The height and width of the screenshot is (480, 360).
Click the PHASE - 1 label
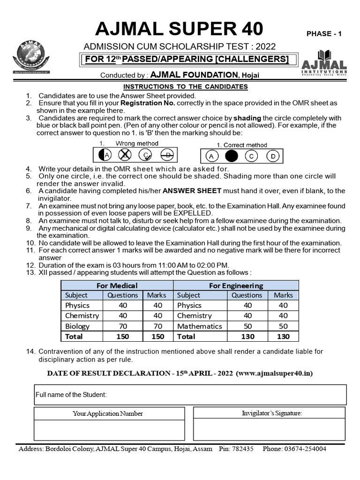(x=324, y=34)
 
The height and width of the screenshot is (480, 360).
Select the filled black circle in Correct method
(x=231, y=156)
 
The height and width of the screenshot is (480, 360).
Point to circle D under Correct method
(x=272, y=156)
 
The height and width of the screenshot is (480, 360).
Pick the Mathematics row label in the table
(x=199, y=326)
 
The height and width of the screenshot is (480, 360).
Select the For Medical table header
(x=117, y=285)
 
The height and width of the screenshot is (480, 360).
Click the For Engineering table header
(x=236, y=285)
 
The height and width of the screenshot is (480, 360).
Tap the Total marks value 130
(x=283, y=336)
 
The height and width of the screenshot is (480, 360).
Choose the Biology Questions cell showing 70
(x=123, y=326)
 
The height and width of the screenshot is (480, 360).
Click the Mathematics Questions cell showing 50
(x=247, y=326)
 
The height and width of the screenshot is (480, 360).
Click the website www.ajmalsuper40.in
(x=275, y=373)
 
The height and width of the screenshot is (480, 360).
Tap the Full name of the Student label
(x=71, y=395)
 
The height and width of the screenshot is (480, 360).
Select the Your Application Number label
(x=108, y=413)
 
